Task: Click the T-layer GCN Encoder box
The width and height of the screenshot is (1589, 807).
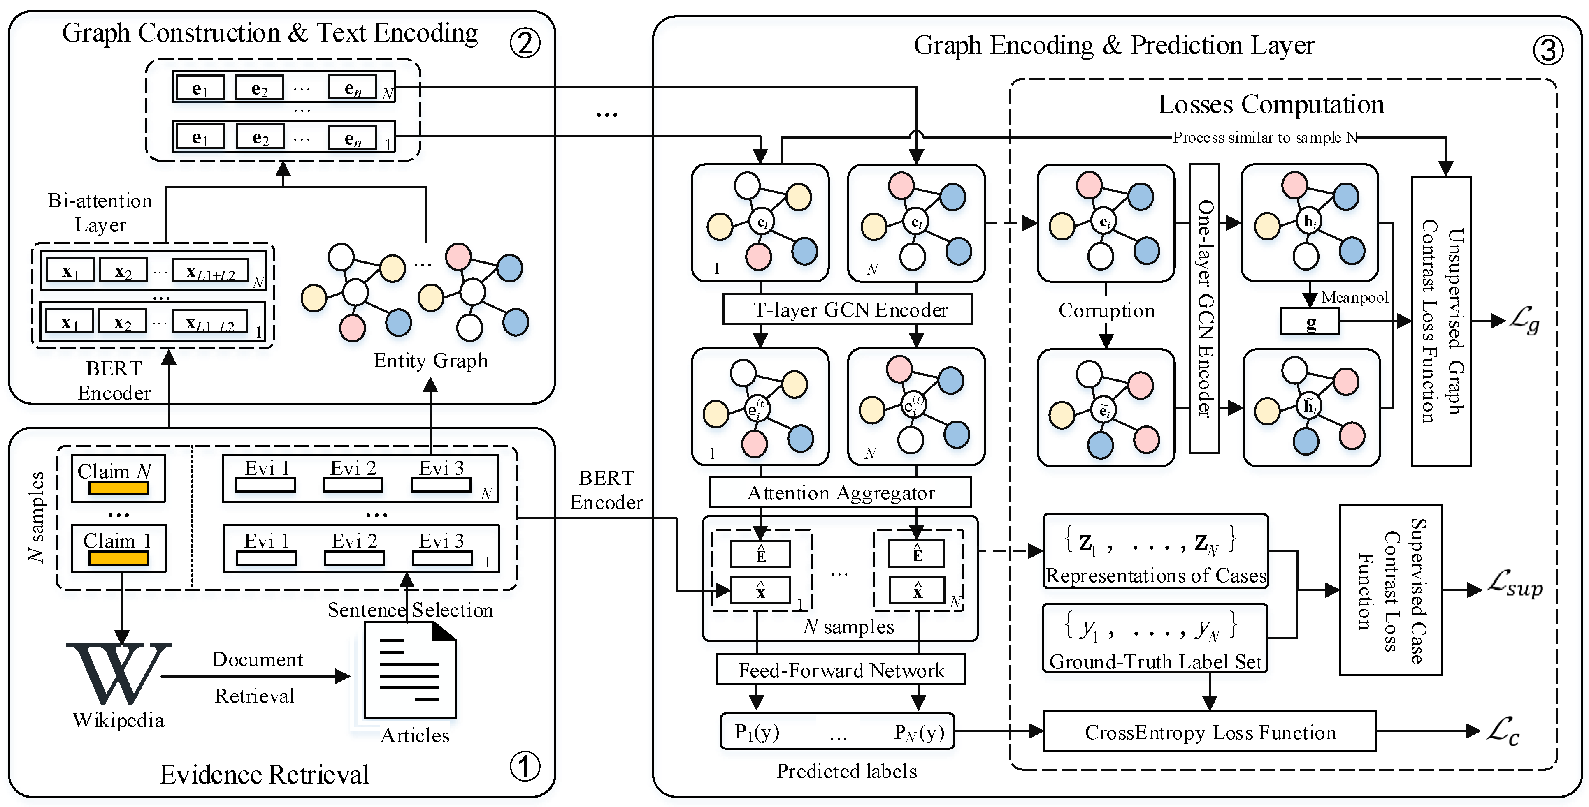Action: coord(847,310)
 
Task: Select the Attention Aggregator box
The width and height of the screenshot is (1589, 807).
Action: coord(840,493)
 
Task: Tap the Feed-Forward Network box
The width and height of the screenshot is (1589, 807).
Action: coord(841,670)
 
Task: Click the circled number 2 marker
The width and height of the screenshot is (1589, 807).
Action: coord(525,43)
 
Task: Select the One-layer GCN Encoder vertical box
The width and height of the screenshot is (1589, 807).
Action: coord(1204,308)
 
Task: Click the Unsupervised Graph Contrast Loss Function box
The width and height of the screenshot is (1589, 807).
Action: coord(1442,321)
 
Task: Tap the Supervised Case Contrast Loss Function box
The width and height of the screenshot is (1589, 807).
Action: coord(1390,590)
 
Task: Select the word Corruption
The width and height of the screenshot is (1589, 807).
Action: coord(1107,310)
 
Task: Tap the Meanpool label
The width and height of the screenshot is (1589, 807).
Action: coord(1354,298)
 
